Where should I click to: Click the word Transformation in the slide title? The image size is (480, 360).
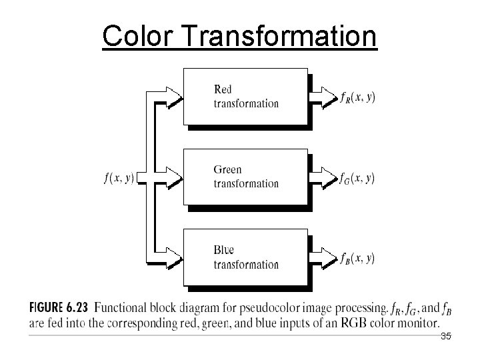(x=279, y=36)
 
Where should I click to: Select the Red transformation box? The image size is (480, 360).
(x=245, y=96)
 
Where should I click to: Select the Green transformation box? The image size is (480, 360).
(x=245, y=177)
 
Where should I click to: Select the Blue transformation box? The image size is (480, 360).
(x=245, y=257)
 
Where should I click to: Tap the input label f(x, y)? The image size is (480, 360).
(x=119, y=178)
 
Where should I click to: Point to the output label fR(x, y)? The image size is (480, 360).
(x=357, y=97)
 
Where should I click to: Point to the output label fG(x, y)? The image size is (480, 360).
(x=357, y=178)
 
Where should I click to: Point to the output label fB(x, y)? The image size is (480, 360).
(x=357, y=258)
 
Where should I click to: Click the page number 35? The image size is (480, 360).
(x=446, y=337)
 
